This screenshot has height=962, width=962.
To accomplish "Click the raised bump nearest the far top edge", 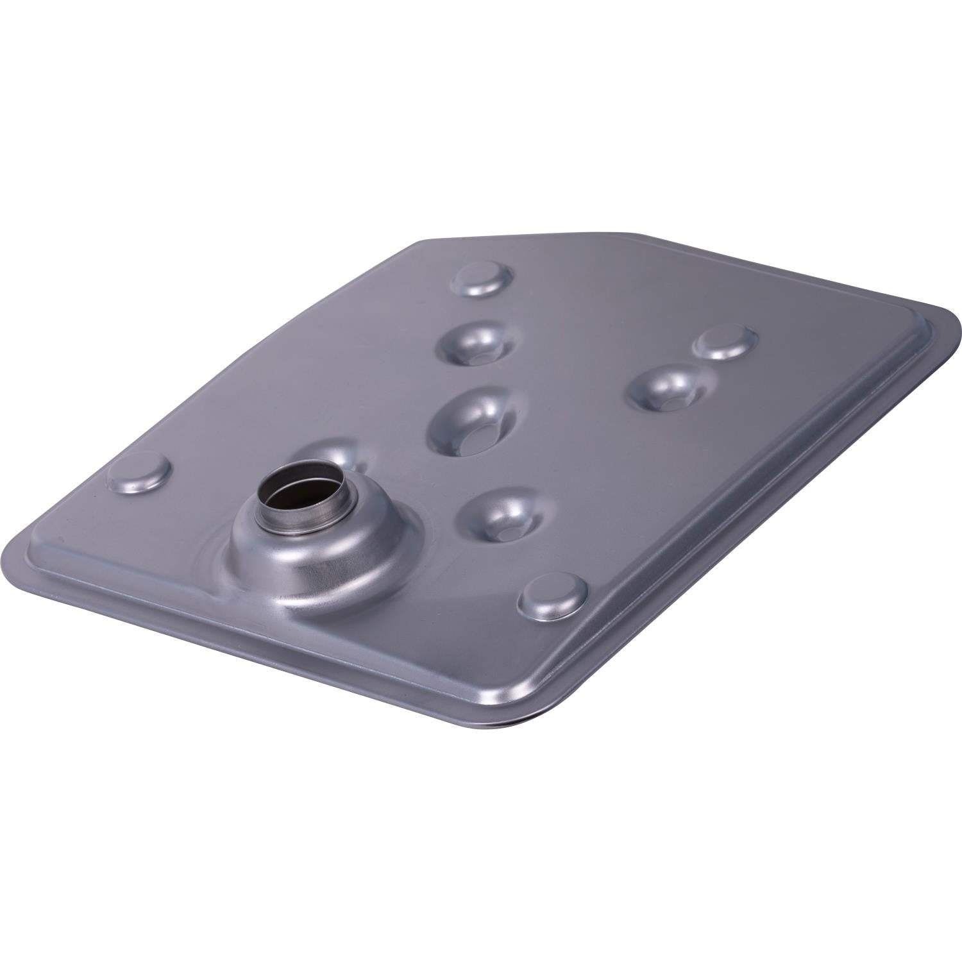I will pyautogui.click(x=485, y=277).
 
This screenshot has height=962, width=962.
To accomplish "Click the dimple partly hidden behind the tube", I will pyautogui.click(x=340, y=452).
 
